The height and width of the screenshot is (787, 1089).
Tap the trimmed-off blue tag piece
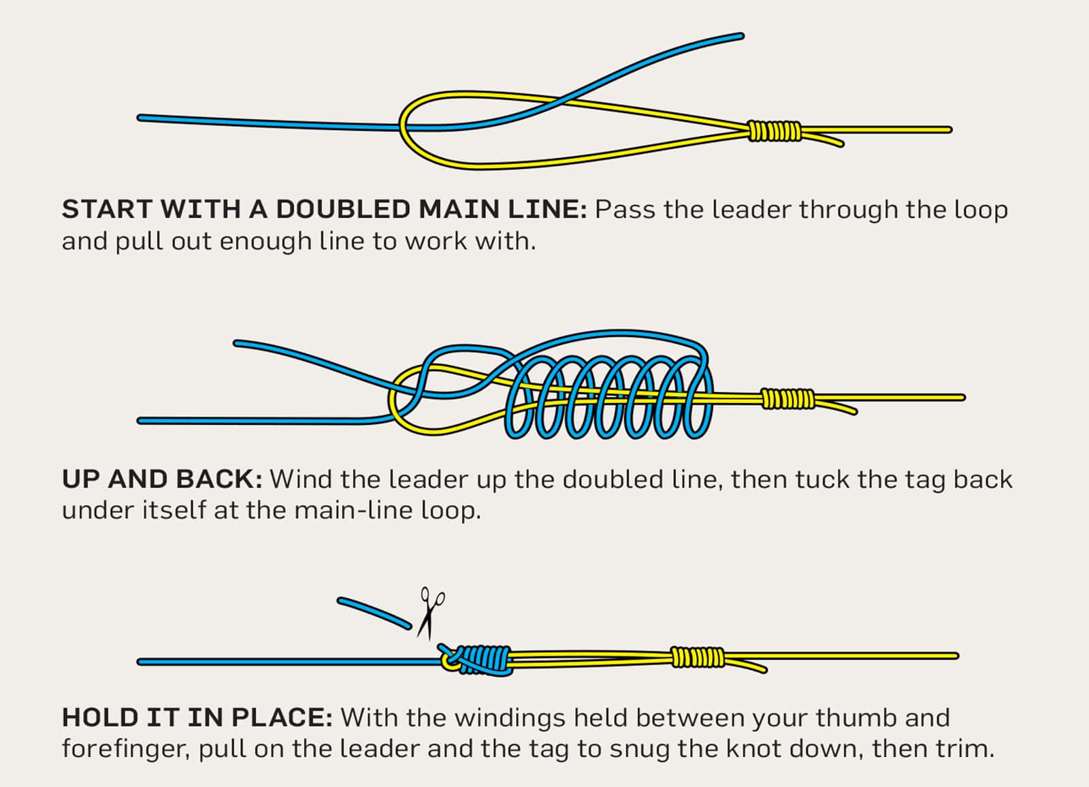[374, 611]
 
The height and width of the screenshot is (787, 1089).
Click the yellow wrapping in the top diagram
[775, 131]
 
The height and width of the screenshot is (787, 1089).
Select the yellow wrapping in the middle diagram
[787, 399]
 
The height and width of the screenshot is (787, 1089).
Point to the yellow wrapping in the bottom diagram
[698, 657]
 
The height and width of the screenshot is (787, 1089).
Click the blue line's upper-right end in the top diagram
[740, 35]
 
